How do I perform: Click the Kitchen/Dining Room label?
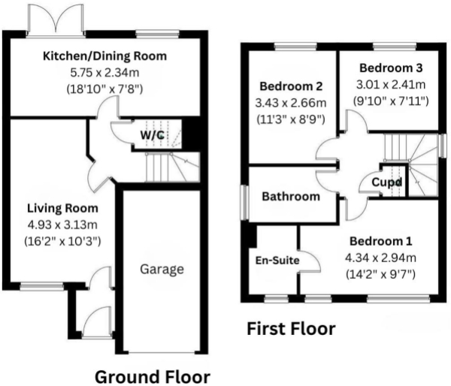pyautogui.click(x=104, y=56)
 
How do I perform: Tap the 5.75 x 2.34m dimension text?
pyautogui.click(x=104, y=73)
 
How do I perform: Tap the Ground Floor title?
pyautogui.click(x=153, y=375)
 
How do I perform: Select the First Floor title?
pyautogui.click(x=291, y=329)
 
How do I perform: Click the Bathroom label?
pyautogui.click(x=291, y=196)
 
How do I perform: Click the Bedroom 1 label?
pyautogui.click(x=380, y=241)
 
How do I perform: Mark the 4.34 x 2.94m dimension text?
pyautogui.click(x=380, y=258)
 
